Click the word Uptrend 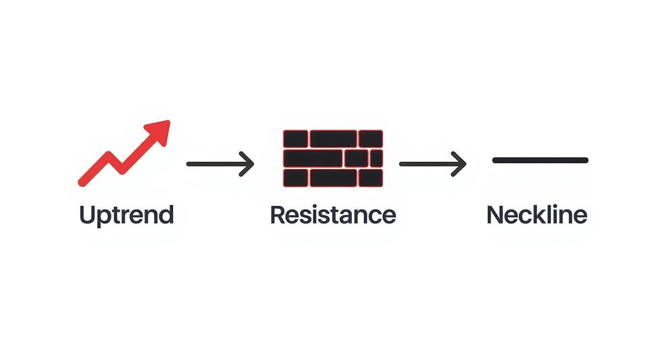[x=126, y=215]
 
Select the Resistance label [x=333, y=215]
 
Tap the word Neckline [x=536, y=215]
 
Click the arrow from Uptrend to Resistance [x=220, y=164]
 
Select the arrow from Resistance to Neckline [x=432, y=164]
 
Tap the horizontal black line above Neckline [x=540, y=160]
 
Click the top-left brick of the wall [x=295, y=139]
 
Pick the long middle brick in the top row [x=333, y=139]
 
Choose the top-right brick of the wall [x=370, y=139]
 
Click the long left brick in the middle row [x=313, y=158]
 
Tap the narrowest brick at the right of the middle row [x=377, y=158]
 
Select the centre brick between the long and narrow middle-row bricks [x=356, y=158]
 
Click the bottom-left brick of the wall [x=295, y=178]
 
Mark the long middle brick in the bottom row [x=333, y=178]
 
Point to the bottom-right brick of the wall [x=370, y=178]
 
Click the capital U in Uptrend [x=87, y=214]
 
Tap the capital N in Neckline [x=495, y=214]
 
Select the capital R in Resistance [x=278, y=214]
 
